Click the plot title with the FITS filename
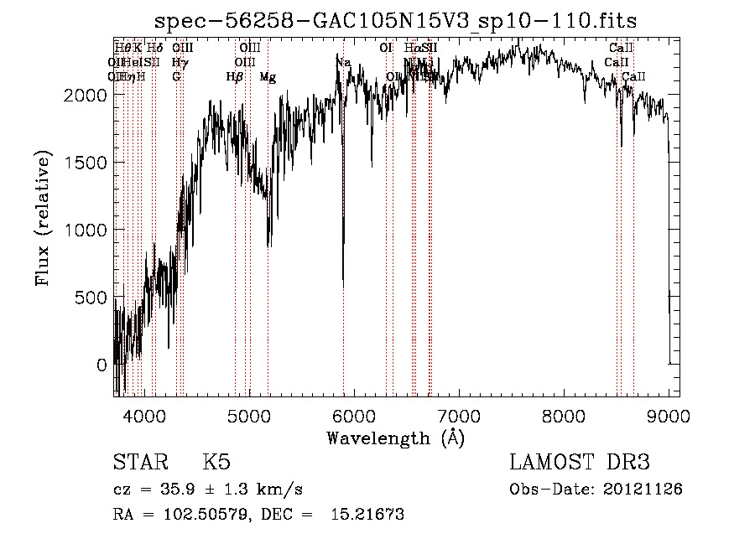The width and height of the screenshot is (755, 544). click(397, 20)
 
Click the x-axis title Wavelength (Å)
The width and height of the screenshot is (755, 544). click(395, 438)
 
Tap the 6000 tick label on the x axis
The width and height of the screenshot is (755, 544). click(354, 416)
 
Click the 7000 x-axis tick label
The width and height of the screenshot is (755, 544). click(459, 416)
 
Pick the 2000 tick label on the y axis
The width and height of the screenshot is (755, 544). click(83, 95)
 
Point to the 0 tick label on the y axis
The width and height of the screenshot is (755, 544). click(101, 365)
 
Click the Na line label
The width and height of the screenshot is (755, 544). click(342, 63)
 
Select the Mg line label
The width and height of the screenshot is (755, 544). click(268, 77)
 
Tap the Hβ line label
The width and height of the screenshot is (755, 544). click(235, 77)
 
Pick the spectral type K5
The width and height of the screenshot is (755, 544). click(216, 463)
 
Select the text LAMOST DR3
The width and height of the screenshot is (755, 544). click(580, 463)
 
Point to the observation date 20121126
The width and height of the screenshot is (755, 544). click(643, 489)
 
